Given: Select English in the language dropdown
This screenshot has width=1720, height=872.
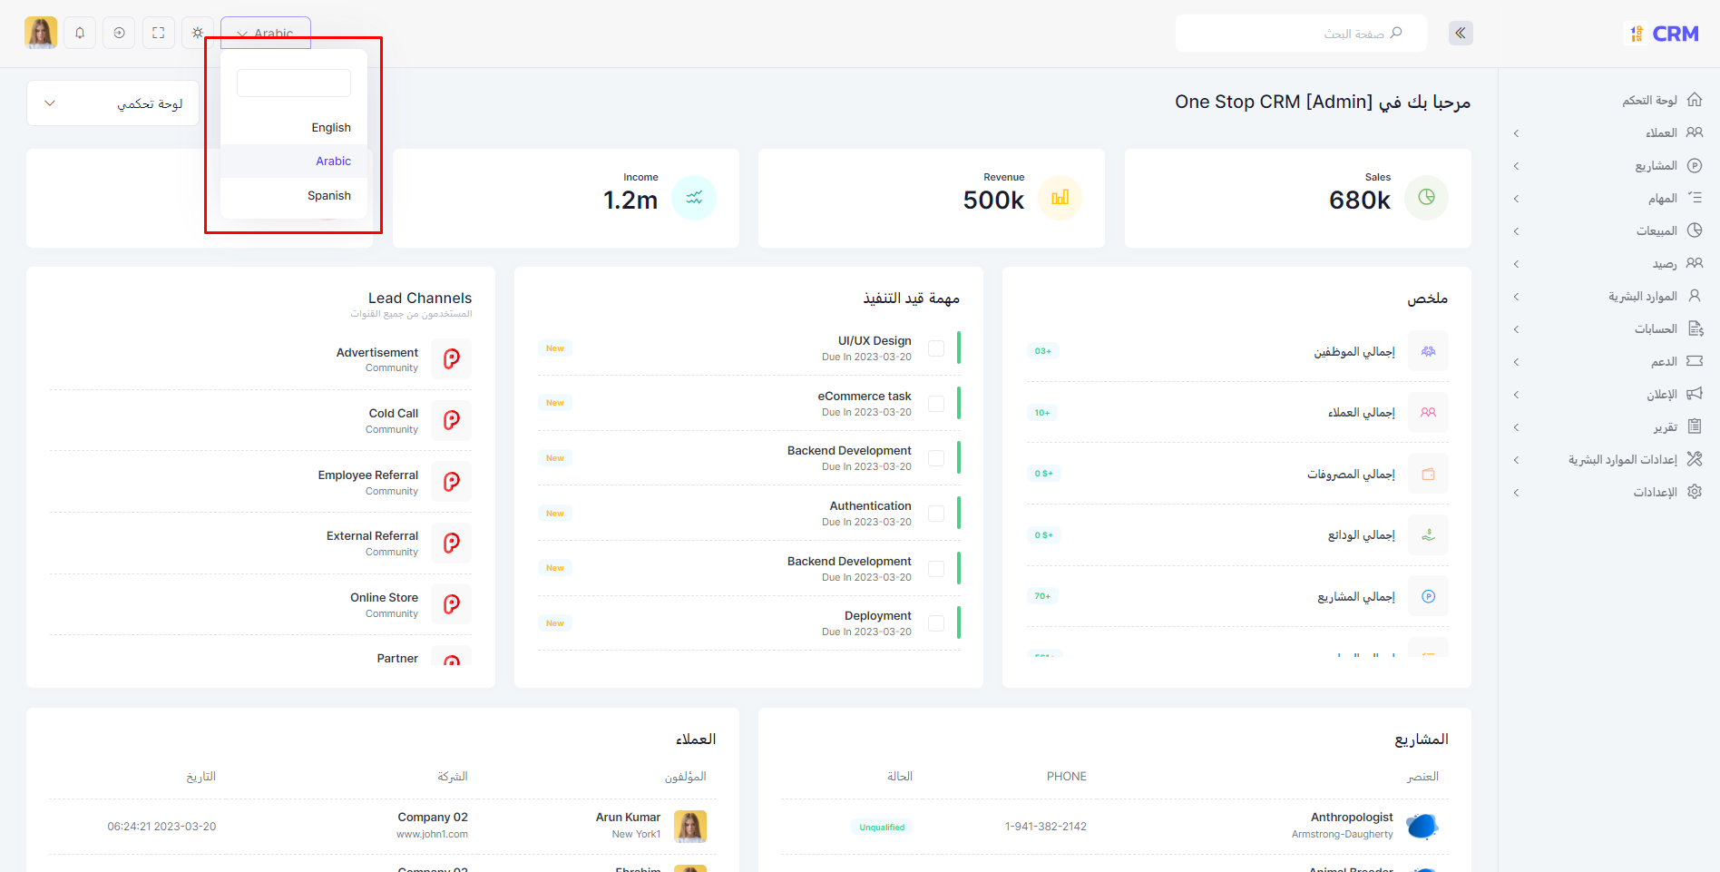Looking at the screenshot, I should [x=330, y=128].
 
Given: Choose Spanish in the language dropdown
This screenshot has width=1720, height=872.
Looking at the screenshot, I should [x=328, y=196].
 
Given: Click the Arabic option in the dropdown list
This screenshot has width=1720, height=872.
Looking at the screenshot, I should [x=332, y=162].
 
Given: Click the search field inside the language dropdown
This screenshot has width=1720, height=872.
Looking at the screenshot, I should [x=293, y=83].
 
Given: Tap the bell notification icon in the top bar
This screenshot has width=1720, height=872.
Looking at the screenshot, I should [x=80, y=34].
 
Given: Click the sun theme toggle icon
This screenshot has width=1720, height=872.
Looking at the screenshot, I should [x=198, y=34].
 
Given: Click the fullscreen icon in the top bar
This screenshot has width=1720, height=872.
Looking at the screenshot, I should [x=158, y=34].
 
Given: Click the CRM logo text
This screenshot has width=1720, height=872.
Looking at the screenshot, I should [x=1675, y=34].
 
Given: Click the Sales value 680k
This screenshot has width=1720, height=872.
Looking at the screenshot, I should [x=1359, y=201].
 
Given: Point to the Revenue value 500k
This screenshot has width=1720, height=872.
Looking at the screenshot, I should [x=993, y=201].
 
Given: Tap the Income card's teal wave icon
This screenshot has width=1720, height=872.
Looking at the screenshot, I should [x=694, y=198].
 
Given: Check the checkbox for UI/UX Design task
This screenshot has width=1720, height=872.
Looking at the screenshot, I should [x=936, y=348].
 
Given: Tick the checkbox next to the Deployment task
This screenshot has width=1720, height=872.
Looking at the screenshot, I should [x=936, y=623].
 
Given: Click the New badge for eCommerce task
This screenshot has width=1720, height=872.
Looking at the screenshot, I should [x=555, y=403].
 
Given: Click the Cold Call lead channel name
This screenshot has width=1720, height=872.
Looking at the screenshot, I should [x=393, y=414].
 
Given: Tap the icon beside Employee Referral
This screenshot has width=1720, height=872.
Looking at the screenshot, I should [x=451, y=482].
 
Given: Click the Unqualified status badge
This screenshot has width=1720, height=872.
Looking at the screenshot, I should [x=882, y=828].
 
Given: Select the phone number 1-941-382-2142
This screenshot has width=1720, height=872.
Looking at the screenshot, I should [x=1045, y=827].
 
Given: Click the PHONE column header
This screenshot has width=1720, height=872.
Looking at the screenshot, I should [x=1066, y=777].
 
